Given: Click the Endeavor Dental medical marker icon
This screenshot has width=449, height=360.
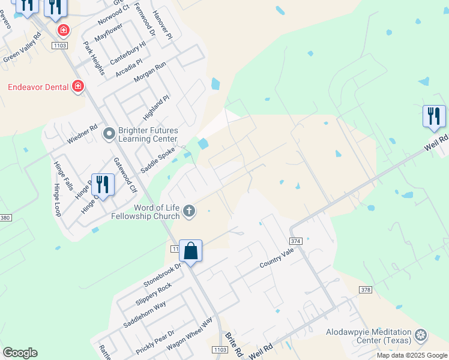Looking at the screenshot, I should (77, 87).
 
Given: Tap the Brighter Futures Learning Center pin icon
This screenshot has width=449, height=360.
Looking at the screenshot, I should (109, 133).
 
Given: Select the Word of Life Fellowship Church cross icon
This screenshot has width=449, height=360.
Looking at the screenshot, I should (189, 210).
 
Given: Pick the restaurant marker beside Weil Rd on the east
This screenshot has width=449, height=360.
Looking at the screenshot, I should (434, 116).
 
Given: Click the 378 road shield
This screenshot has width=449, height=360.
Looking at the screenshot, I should (365, 290).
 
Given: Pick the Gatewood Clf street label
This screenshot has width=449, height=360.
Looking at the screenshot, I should (125, 175).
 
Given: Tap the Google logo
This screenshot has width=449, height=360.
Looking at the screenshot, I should (20, 352).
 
